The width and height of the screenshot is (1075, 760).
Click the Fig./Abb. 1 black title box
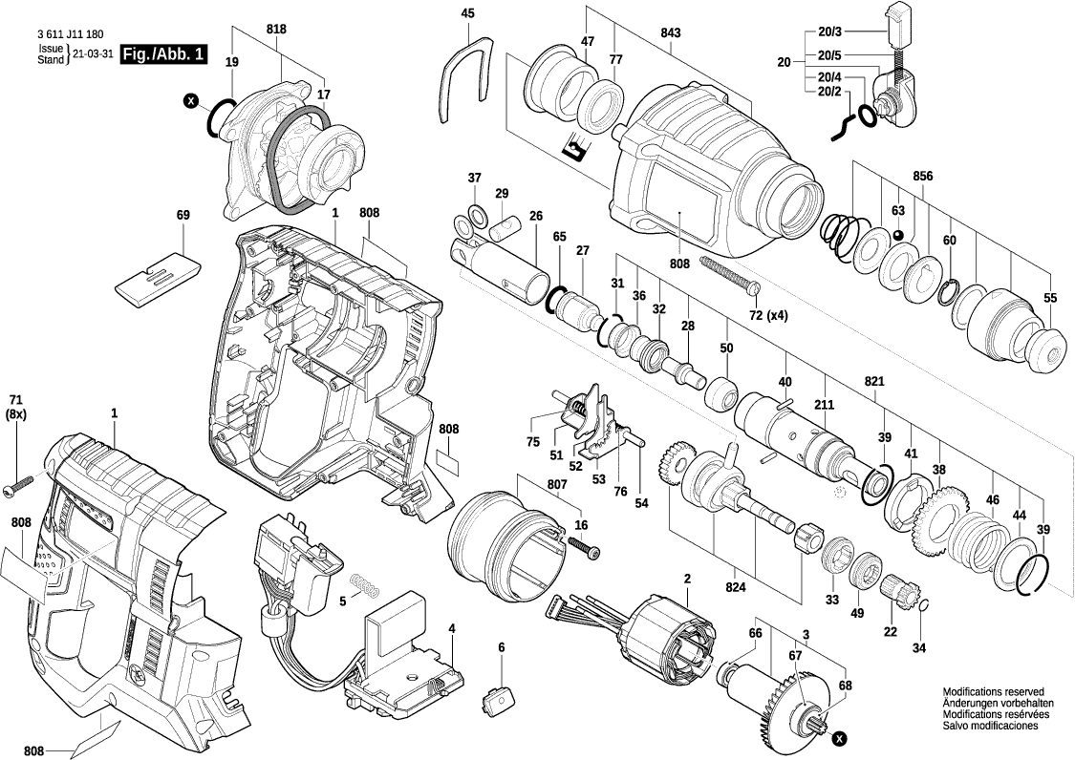(x=162, y=55)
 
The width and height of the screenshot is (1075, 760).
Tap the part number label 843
(x=670, y=33)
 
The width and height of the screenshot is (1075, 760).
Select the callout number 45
(x=467, y=13)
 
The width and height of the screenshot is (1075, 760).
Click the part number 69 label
(x=183, y=216)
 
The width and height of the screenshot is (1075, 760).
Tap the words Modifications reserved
(x=993, y=692)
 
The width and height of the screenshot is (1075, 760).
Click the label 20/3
(x=828, y=33)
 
